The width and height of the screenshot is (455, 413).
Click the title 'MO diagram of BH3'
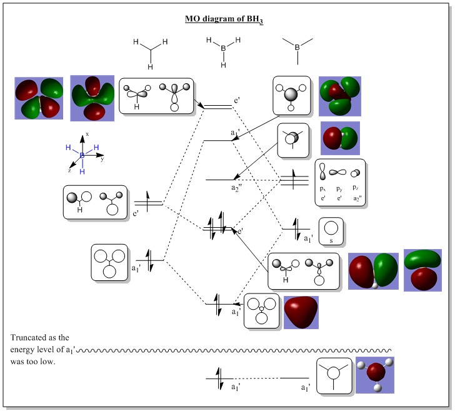click(x=224, y=19)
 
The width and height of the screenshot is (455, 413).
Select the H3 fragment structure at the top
click(x=150, y=53)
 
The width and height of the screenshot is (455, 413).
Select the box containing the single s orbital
click(x=332, y=232)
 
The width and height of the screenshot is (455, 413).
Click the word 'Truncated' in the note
click(x=31, y=337)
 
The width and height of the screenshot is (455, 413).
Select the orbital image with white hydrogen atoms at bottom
click(x=375, y=375)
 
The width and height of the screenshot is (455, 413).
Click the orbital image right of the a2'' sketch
click(x=341, y=138)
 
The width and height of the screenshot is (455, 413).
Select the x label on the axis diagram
click(x=87, y=134)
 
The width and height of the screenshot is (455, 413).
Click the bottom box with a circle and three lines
click(x=335, y=375)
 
